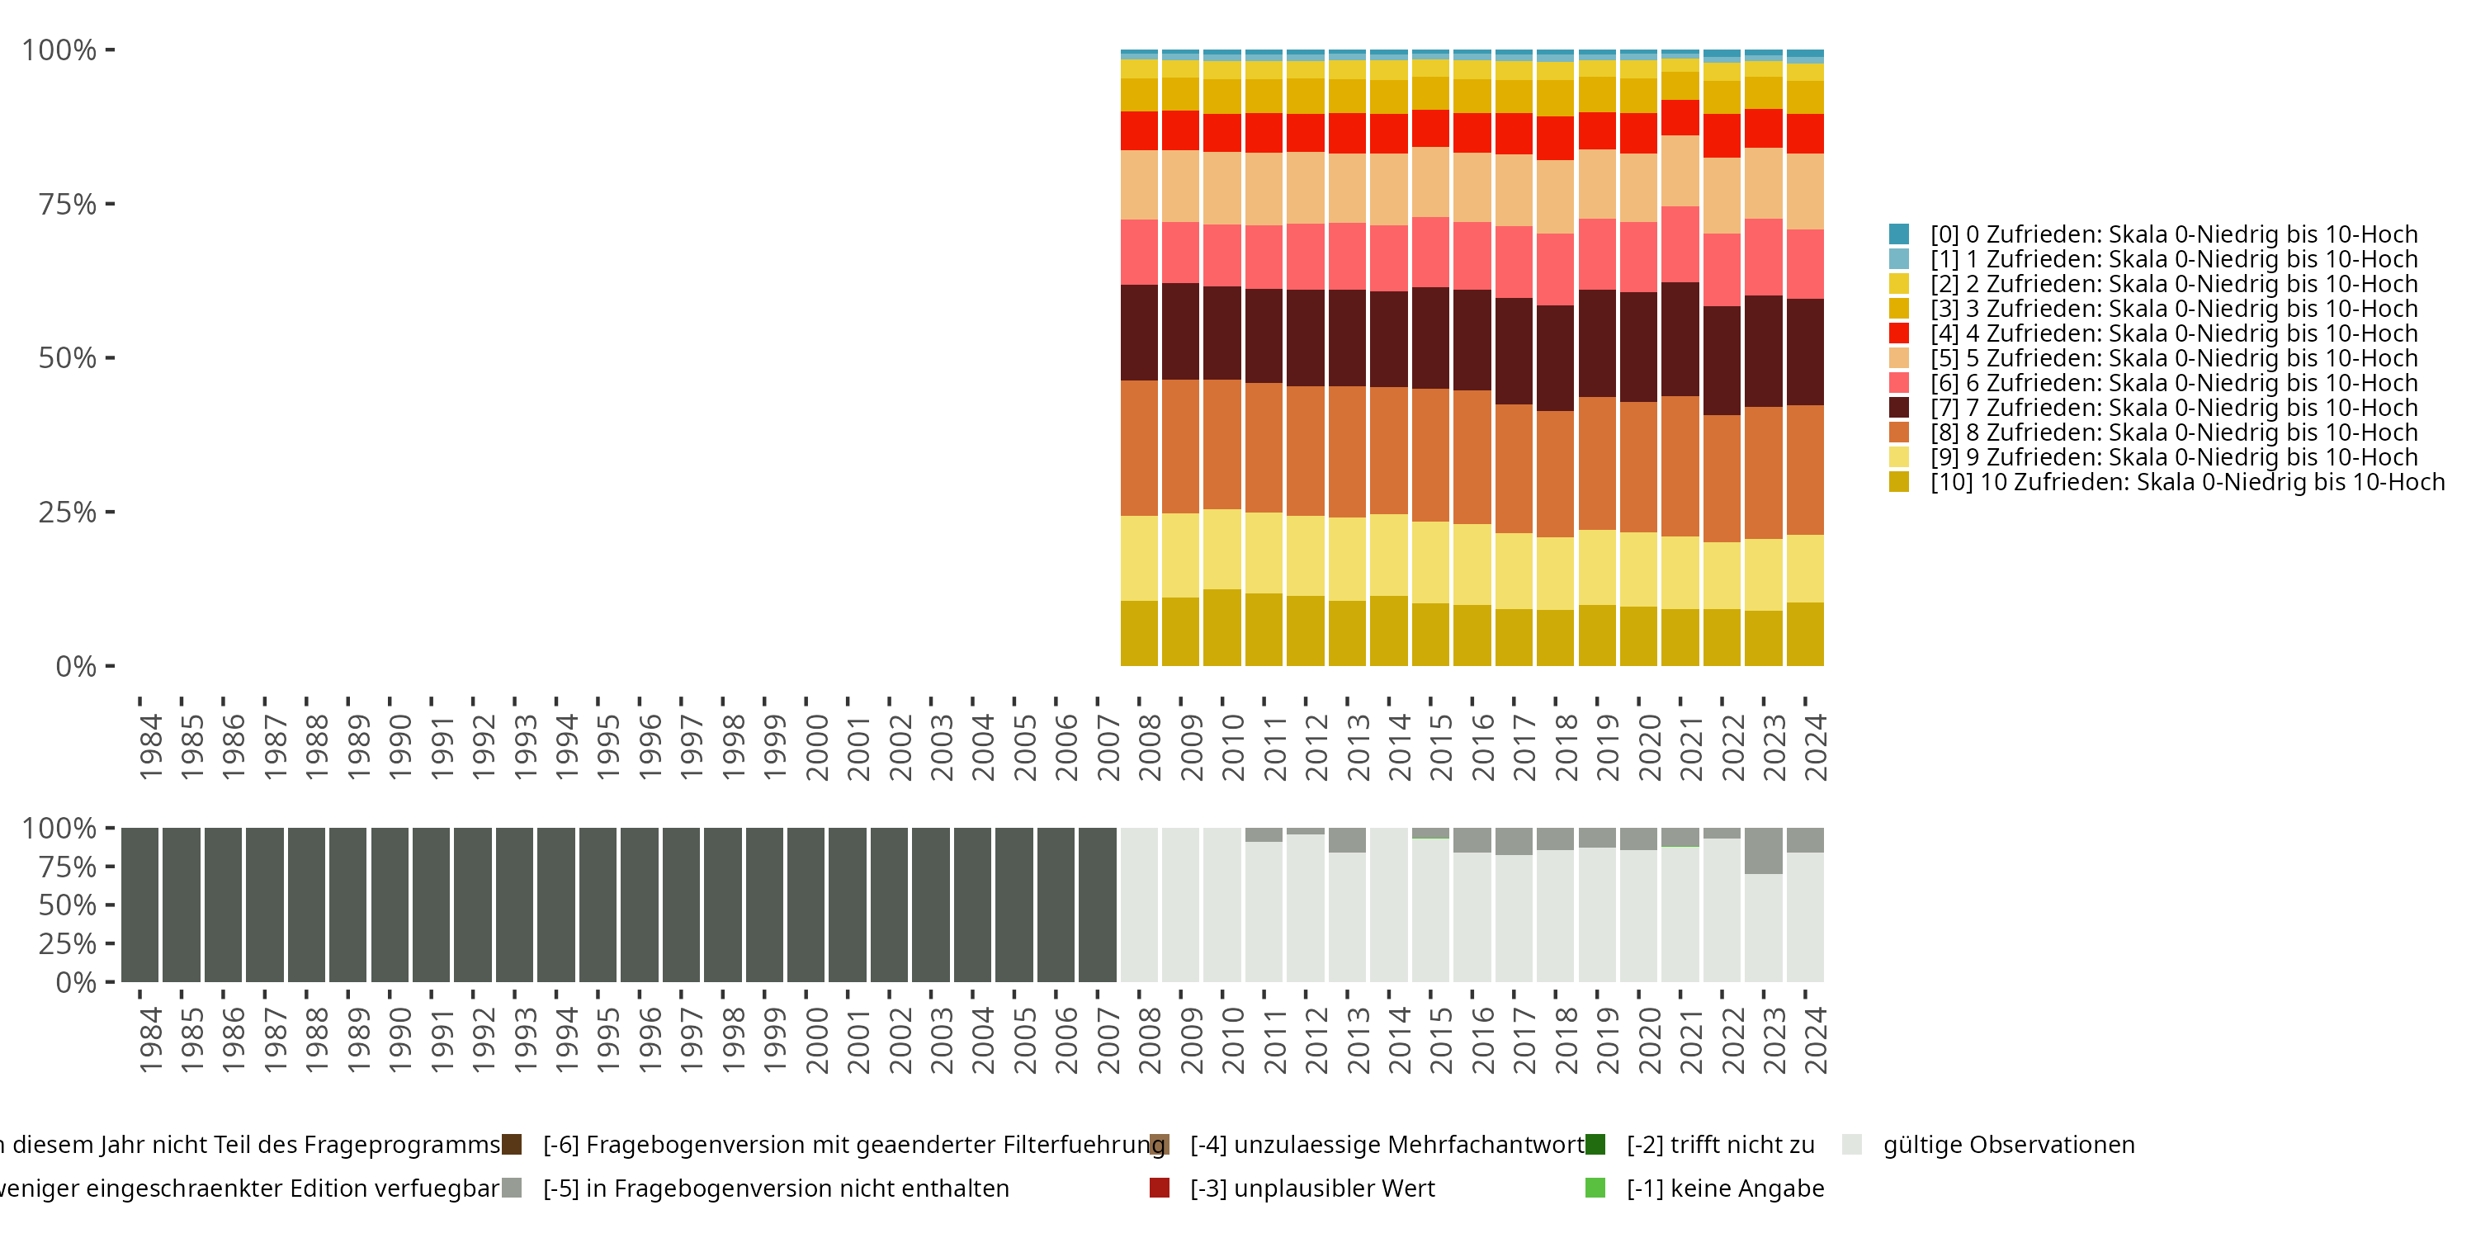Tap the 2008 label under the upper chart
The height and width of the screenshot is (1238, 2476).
point(1149,748)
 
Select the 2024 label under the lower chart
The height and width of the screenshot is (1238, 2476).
point(1815,1041)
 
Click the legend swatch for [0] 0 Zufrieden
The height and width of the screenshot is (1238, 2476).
point(1898,234)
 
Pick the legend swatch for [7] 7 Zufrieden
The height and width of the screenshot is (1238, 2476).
point(1898,408)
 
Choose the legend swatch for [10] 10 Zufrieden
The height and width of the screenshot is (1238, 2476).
point(1898,481)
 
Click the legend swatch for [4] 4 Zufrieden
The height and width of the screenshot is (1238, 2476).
point(1898,333)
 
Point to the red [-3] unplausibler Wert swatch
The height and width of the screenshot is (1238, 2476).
point(1160,1188)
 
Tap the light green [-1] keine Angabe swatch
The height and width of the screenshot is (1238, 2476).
point(1595,1188)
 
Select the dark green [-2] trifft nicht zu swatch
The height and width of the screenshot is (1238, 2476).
point(1595,1145)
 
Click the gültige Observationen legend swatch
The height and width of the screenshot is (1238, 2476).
point(1851,1145)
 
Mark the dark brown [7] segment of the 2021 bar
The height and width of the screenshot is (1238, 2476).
point(1680,339)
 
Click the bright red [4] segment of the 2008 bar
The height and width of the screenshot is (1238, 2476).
point(1139,130)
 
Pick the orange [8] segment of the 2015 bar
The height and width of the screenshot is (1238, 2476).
point(1430,455)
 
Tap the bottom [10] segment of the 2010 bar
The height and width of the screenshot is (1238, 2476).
point(1221,627)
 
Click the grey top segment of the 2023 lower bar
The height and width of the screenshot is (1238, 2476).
point(1764,851)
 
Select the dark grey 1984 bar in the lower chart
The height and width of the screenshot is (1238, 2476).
point(139,905)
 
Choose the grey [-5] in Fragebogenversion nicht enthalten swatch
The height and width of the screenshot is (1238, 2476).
point(513,1188)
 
